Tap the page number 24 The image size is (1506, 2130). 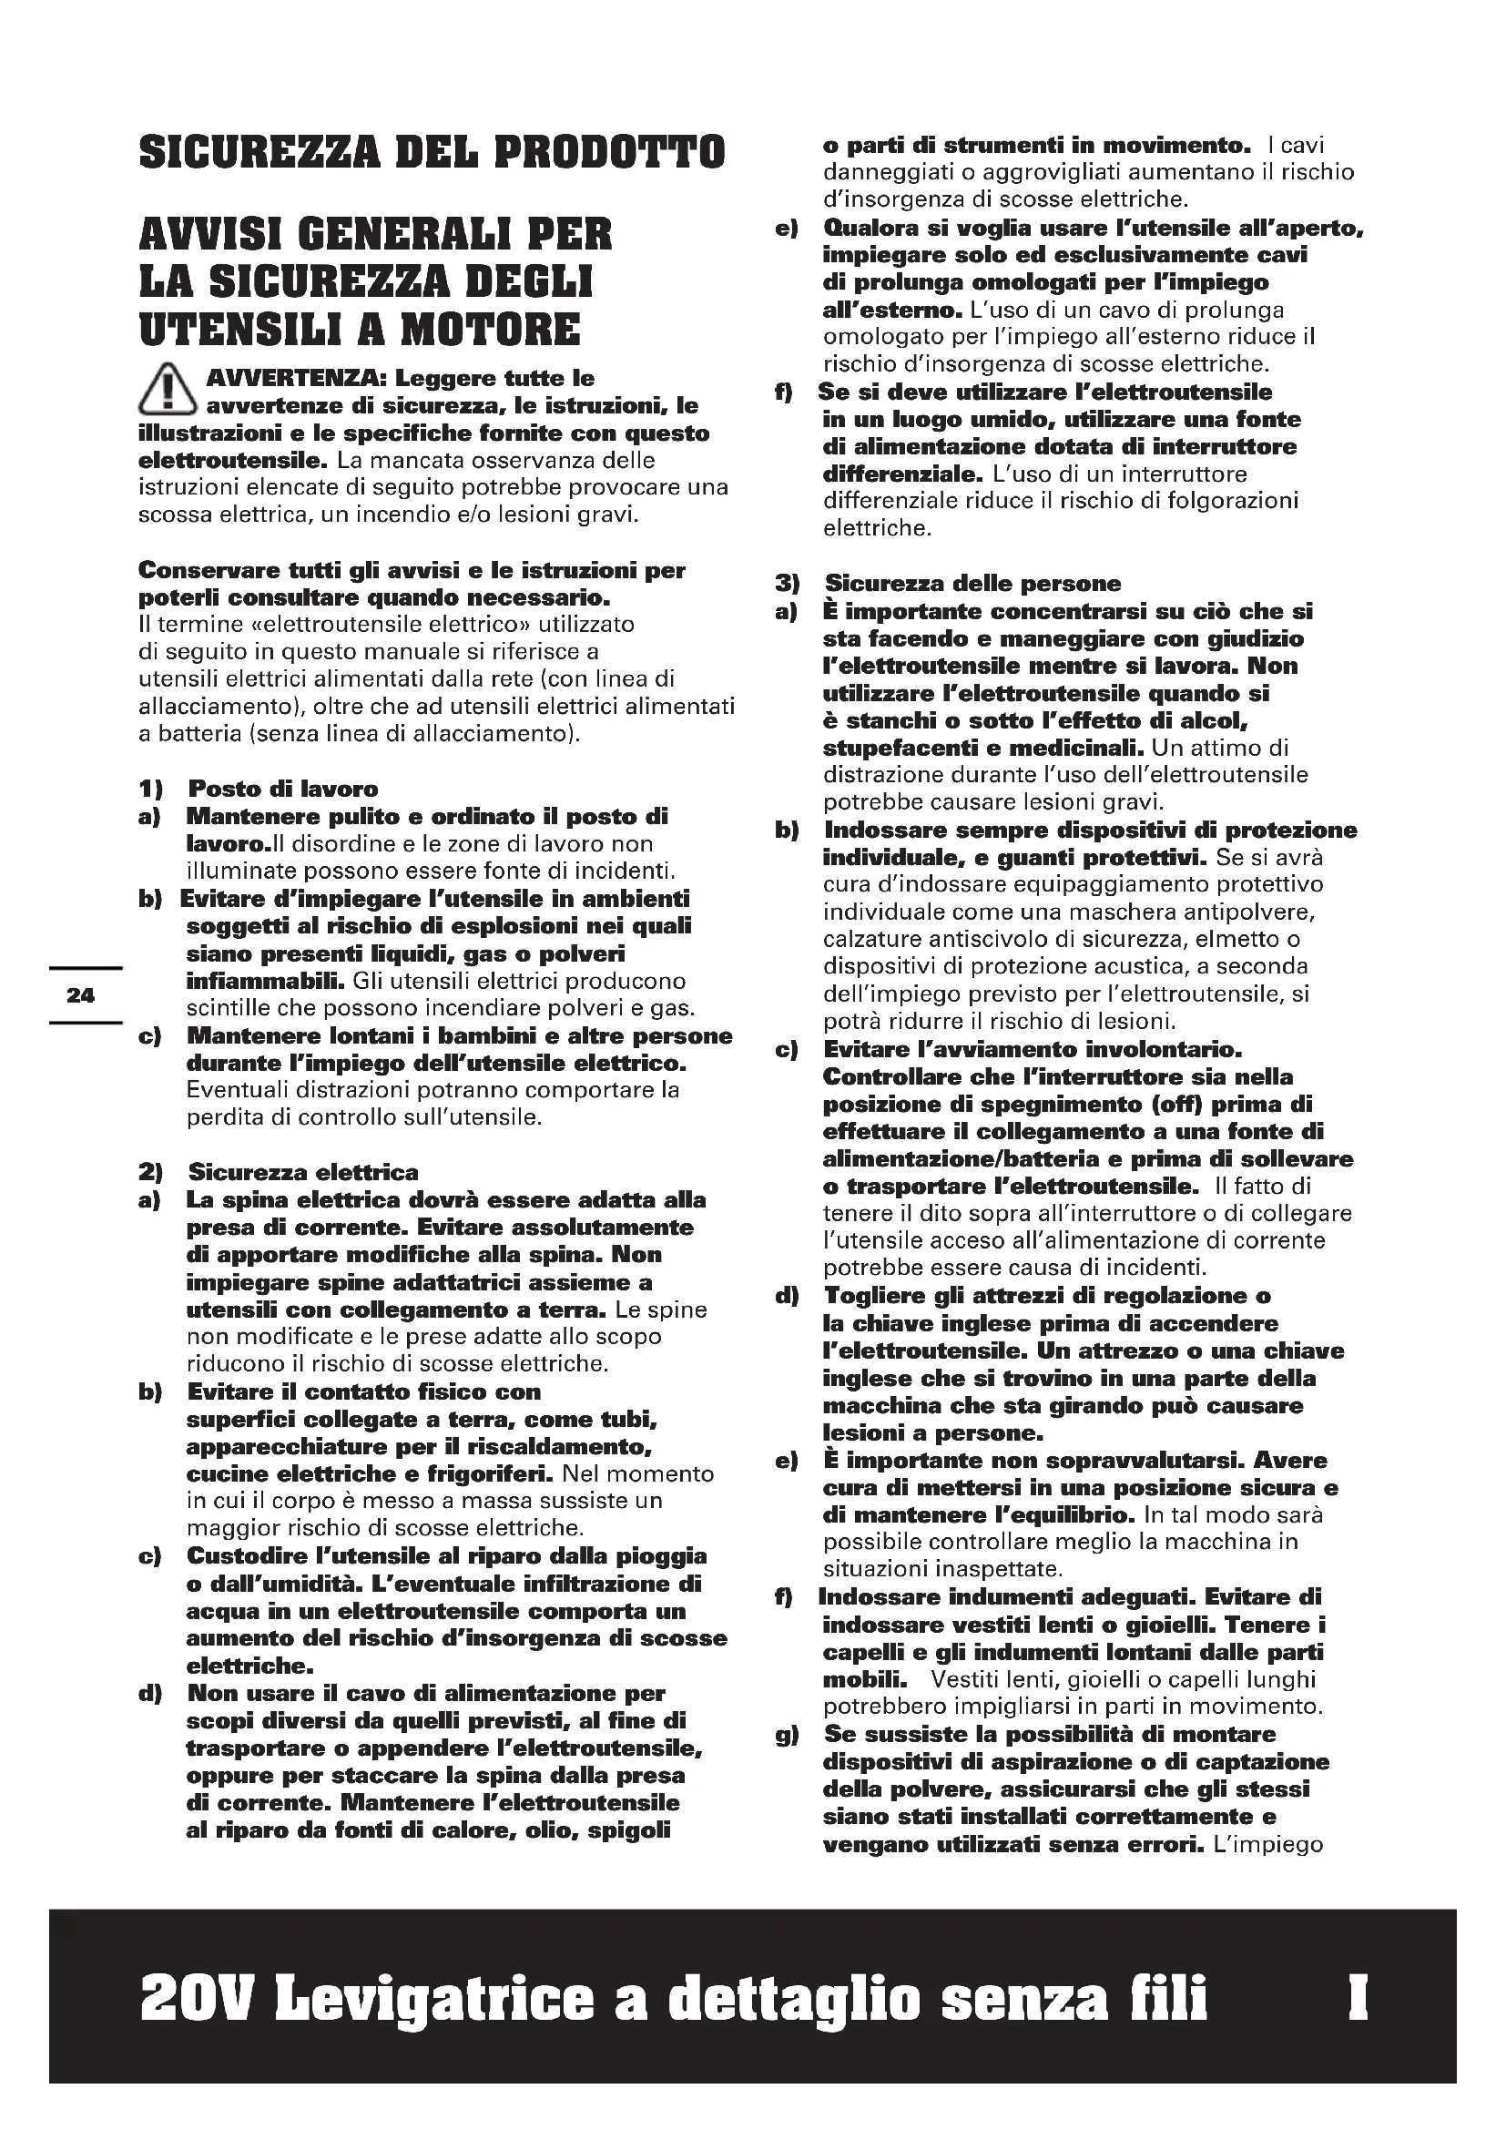[x=81, y=995]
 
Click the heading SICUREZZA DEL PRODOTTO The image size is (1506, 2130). [x=432, y=152]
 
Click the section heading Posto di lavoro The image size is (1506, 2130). [x=283, y=790]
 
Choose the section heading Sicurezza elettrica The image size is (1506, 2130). [x=303, y=1173]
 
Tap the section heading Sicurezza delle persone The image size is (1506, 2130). [x=972, y=584]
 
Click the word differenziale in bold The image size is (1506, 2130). [x=901, y=474]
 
